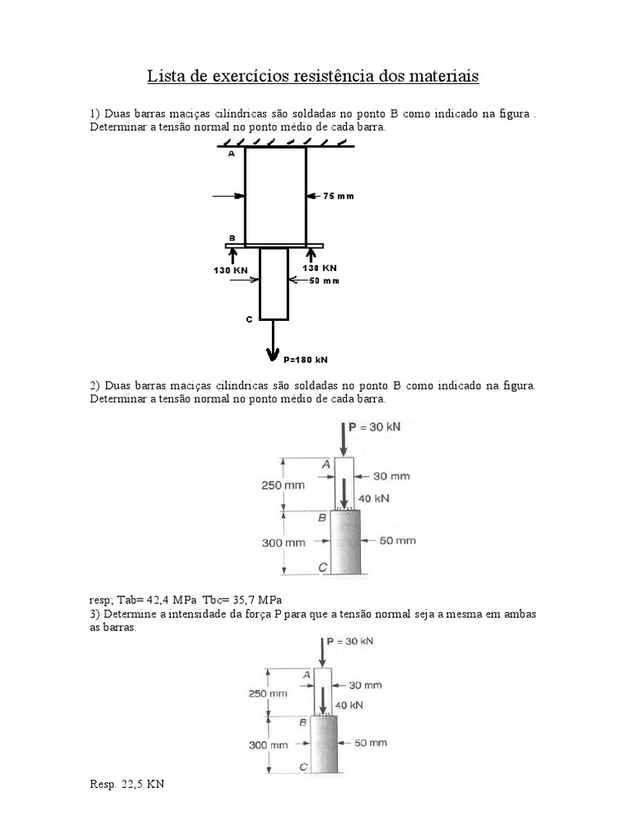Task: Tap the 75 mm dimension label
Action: [x=339, y=196]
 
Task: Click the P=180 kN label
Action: [x=306, y=358]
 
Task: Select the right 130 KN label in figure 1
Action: [x=319, y=268]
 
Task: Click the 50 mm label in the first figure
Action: [x=324, y=281]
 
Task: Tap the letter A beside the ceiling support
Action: [x=231, y=153]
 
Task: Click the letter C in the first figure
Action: [x=249, y=320]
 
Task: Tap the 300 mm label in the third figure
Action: [x=269, y=744]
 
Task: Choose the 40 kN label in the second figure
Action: [x=374, y=497]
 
